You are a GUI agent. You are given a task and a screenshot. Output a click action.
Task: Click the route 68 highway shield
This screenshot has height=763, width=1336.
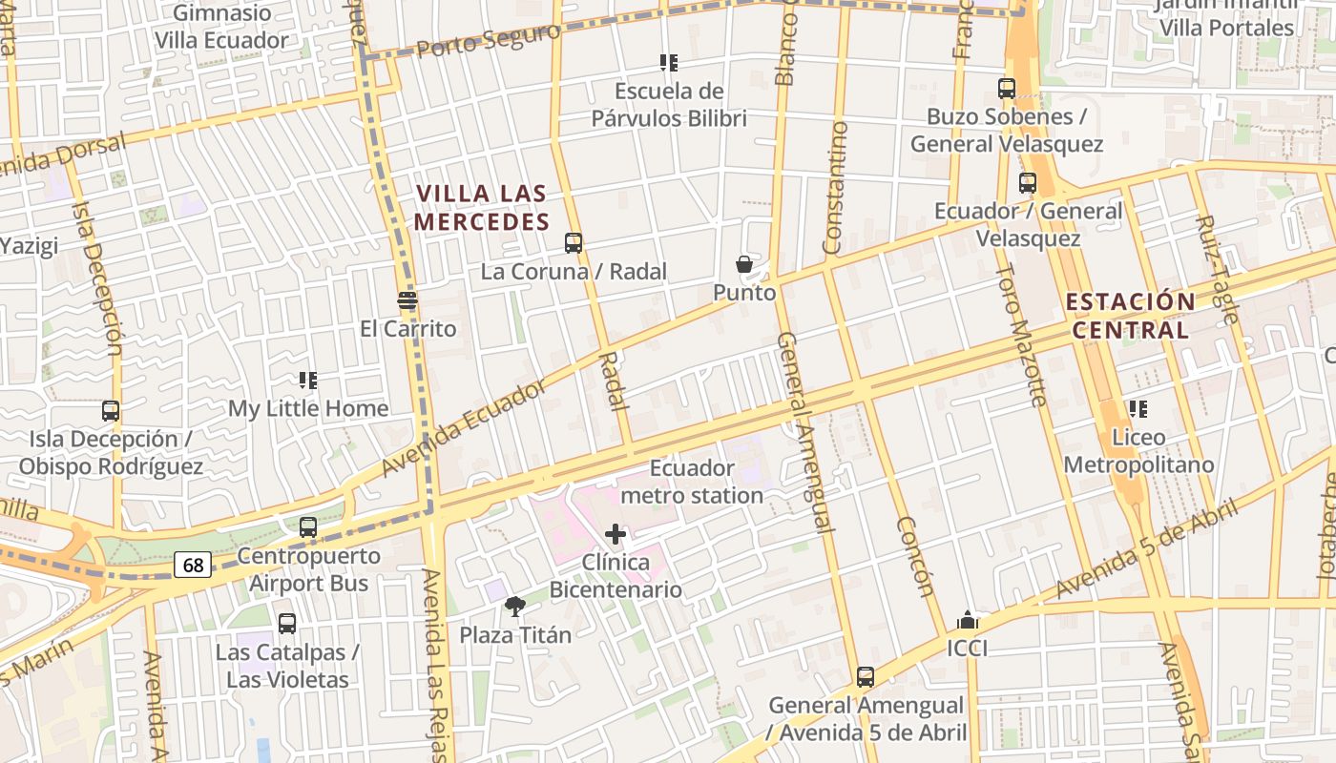[193, 565]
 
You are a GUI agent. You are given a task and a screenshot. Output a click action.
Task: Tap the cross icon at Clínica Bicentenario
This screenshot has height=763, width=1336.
[616, 534]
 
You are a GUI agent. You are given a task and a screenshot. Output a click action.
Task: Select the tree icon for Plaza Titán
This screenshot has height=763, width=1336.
[515, 607]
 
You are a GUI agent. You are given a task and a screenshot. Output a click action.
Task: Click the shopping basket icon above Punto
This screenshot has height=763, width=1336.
[744, 264]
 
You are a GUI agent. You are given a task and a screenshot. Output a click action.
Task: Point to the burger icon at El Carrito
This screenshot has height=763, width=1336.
[407, 300]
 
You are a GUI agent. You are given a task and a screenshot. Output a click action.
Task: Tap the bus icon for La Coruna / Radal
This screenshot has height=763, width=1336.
[573, 242]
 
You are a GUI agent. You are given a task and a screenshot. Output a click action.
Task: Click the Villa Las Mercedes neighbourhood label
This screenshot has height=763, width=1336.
[483, 208]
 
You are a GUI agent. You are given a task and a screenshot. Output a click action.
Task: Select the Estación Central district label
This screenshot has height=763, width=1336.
[1130, 316]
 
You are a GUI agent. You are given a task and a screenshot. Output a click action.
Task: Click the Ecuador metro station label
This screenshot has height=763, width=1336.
[692, 482]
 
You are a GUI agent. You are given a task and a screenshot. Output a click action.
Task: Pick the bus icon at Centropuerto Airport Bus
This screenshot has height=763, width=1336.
[307, 526]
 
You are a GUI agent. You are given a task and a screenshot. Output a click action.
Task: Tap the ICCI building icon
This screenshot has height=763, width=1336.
[967, 621]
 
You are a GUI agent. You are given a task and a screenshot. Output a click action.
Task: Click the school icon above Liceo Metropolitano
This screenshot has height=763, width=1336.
[1138, 409]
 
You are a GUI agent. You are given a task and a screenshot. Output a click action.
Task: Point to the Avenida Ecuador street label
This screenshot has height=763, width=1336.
[464, 428]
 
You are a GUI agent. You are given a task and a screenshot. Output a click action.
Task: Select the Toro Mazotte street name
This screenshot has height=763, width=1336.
[1022, 333]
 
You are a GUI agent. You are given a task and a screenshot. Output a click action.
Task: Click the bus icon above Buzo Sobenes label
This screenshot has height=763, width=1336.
[1006, 89]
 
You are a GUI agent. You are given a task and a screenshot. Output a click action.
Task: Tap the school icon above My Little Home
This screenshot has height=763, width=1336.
[307, 381]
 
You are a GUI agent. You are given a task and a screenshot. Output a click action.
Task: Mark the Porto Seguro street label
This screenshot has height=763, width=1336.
[488, 40]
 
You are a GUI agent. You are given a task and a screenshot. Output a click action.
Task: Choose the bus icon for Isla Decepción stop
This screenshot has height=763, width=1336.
[111, 411]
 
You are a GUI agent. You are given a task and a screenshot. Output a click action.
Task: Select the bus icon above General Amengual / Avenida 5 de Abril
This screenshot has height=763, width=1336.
[866, 677]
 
